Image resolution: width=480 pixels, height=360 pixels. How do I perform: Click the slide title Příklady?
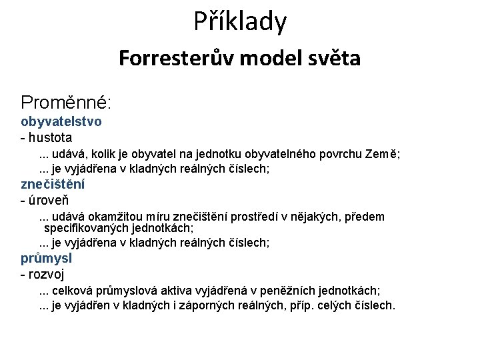[x=240, y=21]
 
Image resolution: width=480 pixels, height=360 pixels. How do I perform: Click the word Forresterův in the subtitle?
[x=175, y=58]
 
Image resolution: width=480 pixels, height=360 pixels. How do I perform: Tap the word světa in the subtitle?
[x=333, y=58]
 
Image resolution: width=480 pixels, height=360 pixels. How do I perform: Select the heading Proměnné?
[x=66, y=103]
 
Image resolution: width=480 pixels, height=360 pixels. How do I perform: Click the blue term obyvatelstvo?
[x=61, y=122]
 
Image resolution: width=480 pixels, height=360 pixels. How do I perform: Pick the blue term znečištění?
[x=57, y=184]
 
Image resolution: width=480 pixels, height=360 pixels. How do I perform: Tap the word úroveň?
[x=48, y=200]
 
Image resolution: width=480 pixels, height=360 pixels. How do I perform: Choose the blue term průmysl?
[x=46, y=258]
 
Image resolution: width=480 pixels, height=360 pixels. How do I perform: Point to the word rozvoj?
[x=46, y=274]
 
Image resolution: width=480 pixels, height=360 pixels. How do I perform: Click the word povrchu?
[x=336, y=155]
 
